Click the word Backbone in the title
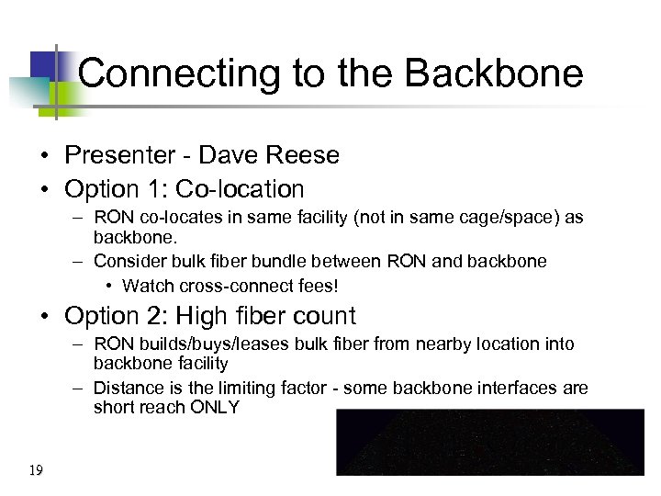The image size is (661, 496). pyautogui.click(x=494, y=73)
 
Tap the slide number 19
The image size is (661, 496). pyautogui.click(x=36, y=471)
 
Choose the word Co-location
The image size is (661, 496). pyautogui.click(x=240, y=189)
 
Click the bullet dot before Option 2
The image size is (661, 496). pyautogui.click(x=45, y=317)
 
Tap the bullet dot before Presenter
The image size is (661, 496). pyautogui.click(x=45, y=156)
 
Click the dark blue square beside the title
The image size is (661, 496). pyautogui.click(x=44, y=64)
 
